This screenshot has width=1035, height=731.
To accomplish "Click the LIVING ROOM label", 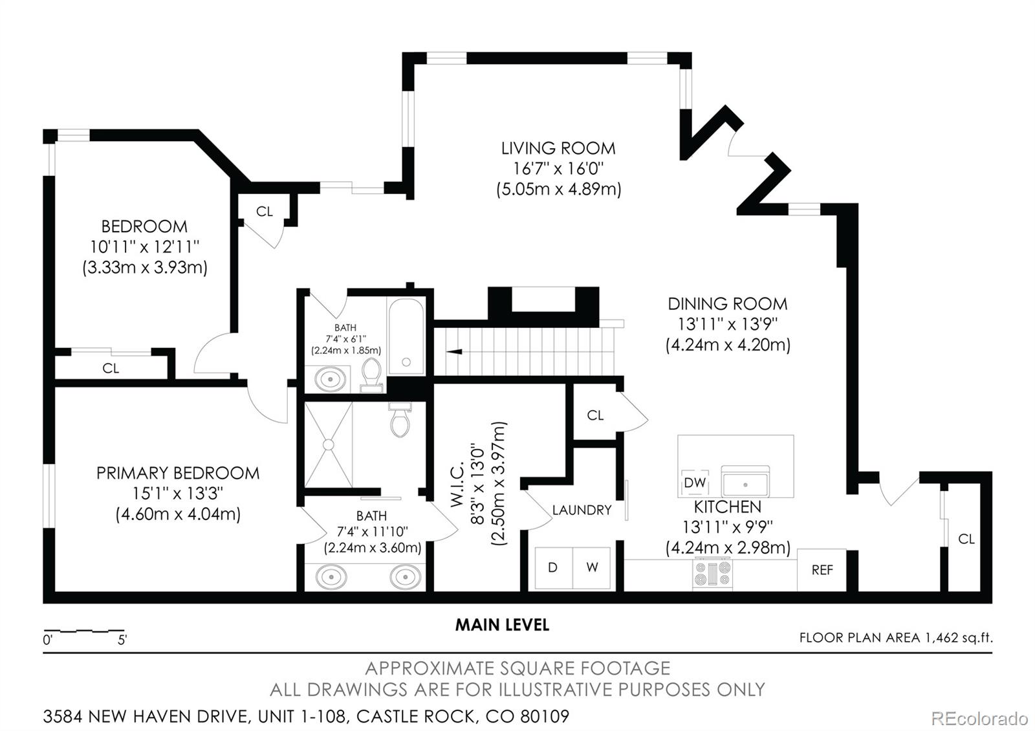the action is pyautogui.click(x=558, y=148).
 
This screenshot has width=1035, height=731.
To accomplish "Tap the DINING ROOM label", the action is pyautogui.click(x=728, y=304).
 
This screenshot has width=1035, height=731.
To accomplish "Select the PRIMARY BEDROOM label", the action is pyautogui.click(x=178, y=473).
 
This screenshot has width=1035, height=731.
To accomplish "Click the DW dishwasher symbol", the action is pyautogui.click(x=695, y=483).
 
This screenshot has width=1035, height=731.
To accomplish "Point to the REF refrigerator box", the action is pyautogui.click(x=822, y=570).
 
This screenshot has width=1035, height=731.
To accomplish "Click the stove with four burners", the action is pyautogui.click(x=712, y=573).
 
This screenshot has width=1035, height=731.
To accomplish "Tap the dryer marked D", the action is pyautogui.click(x=554, y=568).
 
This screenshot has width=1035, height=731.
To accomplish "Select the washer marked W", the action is pyautogui.click(x=592, y=568).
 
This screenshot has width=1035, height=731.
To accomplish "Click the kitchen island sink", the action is pyautogui.click(x=745, y=481).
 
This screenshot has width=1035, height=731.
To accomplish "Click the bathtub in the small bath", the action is pyautogui.click(x=406, y=336).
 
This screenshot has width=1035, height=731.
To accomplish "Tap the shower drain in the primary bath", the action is pyautogui.click(x=328, y=444).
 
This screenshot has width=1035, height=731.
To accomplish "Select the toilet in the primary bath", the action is pyautogui.click(x=400, y=420).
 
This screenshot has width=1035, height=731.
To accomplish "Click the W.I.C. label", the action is pyautogui.click(x=457, y=485).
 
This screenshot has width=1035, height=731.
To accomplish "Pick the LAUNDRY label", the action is pyautogui.click(x=582, y=510).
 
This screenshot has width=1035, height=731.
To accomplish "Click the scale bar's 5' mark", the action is pyautogui.click(x=122, y=640).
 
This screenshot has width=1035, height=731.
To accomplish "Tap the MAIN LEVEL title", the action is pyautogui.click(x=502, y=625).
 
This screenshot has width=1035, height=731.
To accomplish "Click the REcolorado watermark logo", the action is pyautogui.click(x=979, y=719).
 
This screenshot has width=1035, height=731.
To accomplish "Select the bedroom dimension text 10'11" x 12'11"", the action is pyautogui.click(x=145, y=246).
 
